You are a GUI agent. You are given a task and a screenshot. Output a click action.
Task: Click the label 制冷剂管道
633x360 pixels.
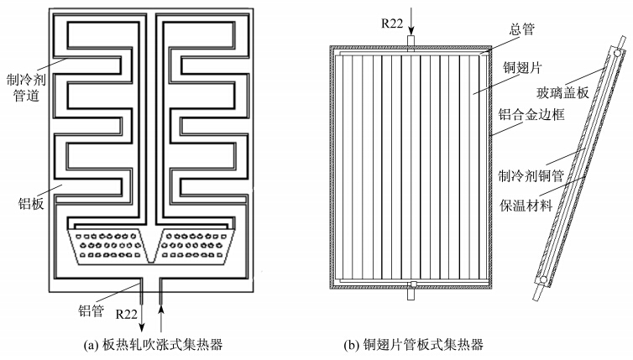coord(26,87)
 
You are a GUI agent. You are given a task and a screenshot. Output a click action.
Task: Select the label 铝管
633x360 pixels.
coord(92,310)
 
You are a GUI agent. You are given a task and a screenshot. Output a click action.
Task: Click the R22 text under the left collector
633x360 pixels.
coord(127,314)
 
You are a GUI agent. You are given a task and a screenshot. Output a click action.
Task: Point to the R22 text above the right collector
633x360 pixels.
coord(392,23)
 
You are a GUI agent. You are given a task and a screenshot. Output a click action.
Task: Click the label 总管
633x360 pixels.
coord(522,29)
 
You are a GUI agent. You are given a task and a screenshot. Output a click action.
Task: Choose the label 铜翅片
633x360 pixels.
coord(522,67)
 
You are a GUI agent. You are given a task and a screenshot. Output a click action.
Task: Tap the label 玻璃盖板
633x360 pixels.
coord(562,93)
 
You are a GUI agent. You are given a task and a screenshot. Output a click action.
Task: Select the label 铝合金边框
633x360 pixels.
coord(531,115)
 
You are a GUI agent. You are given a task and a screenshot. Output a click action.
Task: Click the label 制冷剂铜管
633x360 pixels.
coord(531,176)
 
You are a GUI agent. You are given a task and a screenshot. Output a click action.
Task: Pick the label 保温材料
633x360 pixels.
coord(526,206)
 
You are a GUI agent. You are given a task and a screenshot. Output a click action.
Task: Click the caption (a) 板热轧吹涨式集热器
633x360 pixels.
coord(153,345)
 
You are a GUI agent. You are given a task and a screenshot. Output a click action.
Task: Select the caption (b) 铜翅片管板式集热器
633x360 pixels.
coord(413,345)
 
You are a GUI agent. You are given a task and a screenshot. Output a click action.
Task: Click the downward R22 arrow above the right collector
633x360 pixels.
coord(411,21)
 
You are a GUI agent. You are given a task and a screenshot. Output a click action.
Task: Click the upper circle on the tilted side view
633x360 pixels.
coord(617,53)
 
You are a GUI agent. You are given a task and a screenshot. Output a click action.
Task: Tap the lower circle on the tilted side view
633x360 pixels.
coord(543,279)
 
